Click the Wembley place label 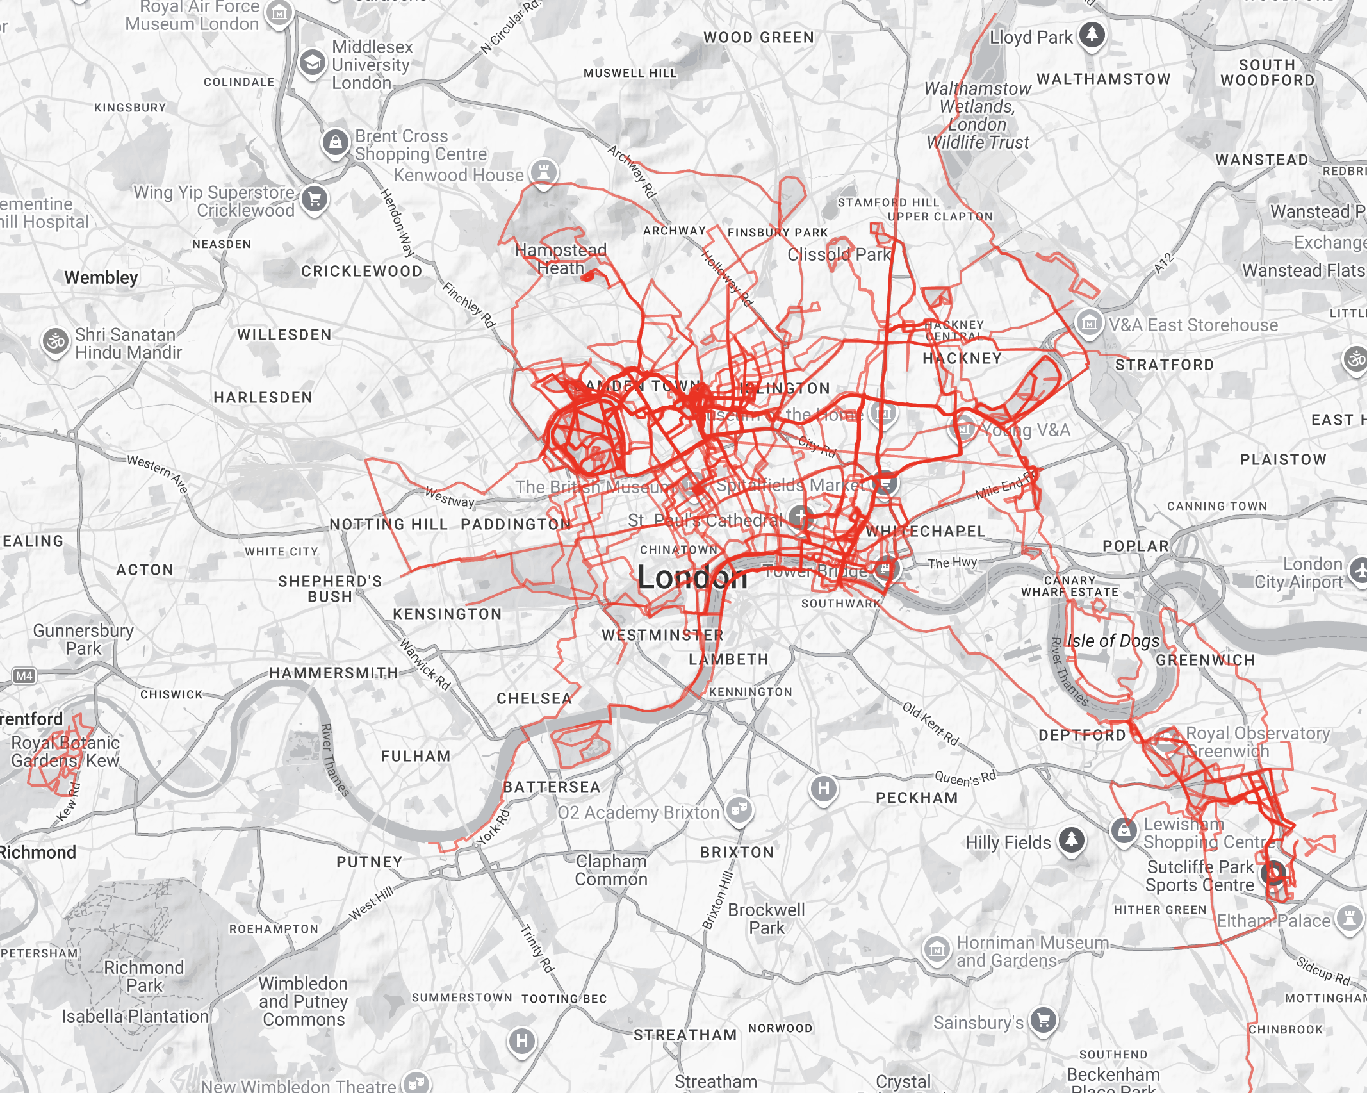tap(101, 277)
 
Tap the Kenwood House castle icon tap(544, 172)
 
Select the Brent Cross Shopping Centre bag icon tap(336, 142)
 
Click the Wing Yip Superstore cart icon tap(314, 199)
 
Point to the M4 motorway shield tap(24, 675)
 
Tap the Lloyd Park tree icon tap(1092, 34)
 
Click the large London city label tap(692, 578)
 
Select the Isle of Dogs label tap(1113, 641)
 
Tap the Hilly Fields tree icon tap(1072, 839)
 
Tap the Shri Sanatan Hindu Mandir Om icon tap(56, 341)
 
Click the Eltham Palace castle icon tap(1349, 919)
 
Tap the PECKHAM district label tap(917, 798)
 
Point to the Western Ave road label tap(158, 473)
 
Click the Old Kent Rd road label tap(930, 724)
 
